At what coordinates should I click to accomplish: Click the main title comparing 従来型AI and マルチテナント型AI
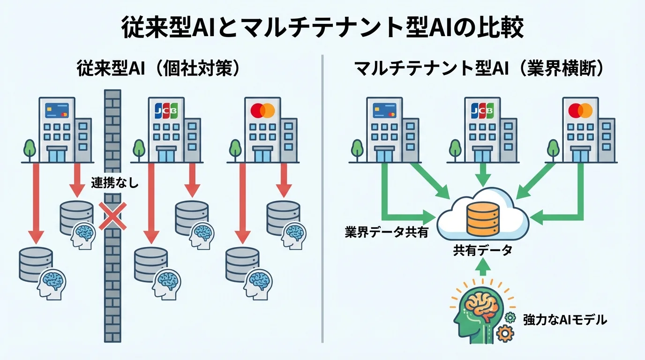(322, 27)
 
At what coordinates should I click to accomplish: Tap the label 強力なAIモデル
(565, 320)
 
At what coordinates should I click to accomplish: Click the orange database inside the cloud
(482, 221)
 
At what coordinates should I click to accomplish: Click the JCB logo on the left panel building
(166, 111)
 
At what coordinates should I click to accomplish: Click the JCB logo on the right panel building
(482, 111)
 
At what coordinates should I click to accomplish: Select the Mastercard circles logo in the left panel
(262, 111)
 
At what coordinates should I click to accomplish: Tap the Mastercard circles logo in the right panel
(580, 111)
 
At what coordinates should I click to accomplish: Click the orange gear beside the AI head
(505, 333)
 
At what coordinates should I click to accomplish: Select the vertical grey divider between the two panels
(322, 197)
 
